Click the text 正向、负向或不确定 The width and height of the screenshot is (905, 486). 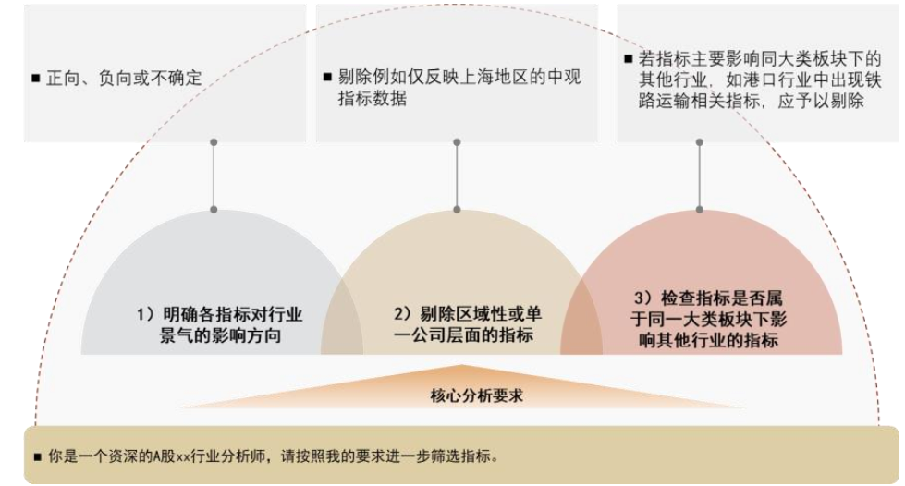124,79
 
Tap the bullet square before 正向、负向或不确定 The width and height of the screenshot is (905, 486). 35,79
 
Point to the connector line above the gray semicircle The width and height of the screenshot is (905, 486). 214,176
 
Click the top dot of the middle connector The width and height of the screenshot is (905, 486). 457,143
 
